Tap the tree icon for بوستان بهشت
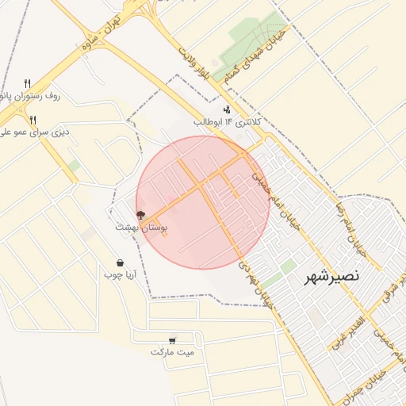(x=140, y=215)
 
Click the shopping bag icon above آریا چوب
(x=120, y=263)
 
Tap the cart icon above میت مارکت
(x=173, y=339)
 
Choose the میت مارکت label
(x=174, y=350)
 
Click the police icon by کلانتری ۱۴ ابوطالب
(x=228, y=110)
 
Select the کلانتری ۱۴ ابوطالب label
(x=227, y=122)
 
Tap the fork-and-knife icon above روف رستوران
(x=28, y=83)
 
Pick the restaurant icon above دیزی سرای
(x=33, y=120)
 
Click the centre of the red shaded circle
(x=203, y=202)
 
